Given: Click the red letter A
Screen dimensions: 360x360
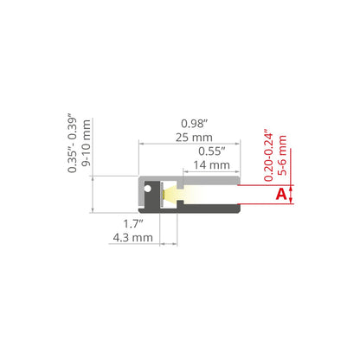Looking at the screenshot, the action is coord(281,194).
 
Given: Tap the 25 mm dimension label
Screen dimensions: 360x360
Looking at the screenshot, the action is coord(194,138).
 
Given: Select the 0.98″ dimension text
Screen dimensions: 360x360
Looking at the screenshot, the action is coord(194,124).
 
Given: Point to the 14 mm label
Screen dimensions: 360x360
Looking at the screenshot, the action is coord(211,165).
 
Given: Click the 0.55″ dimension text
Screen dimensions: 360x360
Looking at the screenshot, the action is coord(212,151).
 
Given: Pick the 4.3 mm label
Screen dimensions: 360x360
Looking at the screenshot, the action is coord(132,238).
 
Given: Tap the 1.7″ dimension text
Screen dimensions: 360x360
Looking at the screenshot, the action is coord(133,224).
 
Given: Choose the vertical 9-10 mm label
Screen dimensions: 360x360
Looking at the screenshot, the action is coord(86,143).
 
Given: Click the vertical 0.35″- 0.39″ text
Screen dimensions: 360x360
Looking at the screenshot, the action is coord(72,143).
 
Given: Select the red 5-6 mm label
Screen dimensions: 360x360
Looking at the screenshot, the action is coord(282,155).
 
